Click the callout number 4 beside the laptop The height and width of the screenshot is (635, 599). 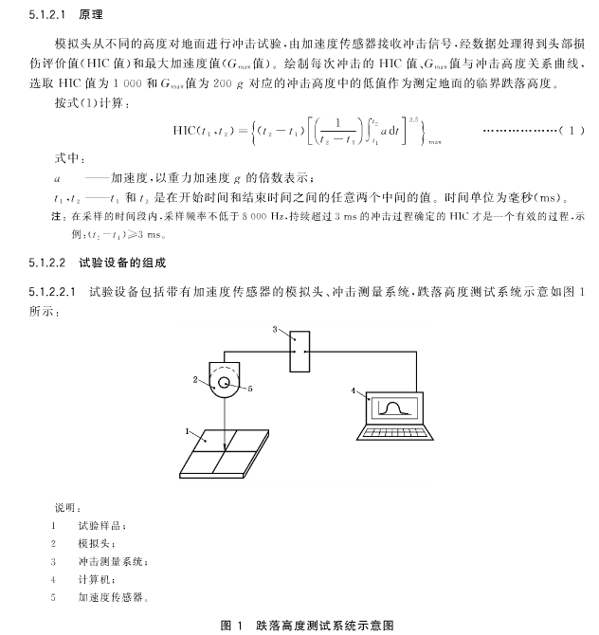pos(354,390)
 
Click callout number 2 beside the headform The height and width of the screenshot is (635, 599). pos(194,379)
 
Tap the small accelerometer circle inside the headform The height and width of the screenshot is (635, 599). pos(226,384)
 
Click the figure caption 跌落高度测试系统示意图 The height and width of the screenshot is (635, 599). pos(323,625)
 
